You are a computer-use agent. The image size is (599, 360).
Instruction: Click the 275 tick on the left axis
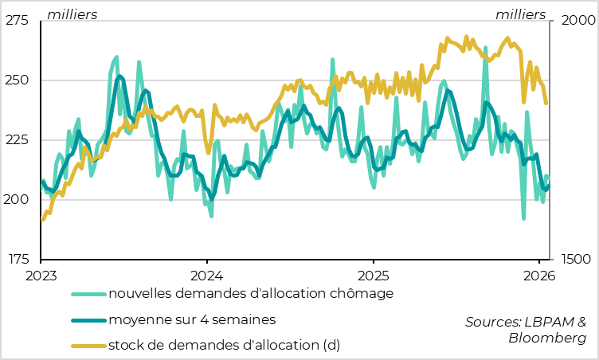[x=18, y=21]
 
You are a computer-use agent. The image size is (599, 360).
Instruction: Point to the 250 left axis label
[x=18, y=80]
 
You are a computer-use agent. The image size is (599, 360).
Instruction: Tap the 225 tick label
[x=18, y=140]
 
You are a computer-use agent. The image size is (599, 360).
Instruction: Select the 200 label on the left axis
[x=18, y=199]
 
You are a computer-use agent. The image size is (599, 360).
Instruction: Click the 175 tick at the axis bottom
[x=18, y=259]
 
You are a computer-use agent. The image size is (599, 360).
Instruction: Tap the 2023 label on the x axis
[x=41, y=276]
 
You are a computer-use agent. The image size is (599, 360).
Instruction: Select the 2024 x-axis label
[x=206, y=276]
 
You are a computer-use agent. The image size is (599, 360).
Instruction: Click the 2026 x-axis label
[x=538, y=276]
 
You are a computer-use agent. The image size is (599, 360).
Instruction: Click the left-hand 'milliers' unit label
[x=72, y=14]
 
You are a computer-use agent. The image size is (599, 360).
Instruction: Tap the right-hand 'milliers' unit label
[x=521, y=14]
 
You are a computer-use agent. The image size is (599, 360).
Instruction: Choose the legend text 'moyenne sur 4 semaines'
[x=192, y=320]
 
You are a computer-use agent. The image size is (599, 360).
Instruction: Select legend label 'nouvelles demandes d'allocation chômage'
[x=251, y=293]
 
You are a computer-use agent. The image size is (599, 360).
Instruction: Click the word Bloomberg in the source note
[x=547, y=338]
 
